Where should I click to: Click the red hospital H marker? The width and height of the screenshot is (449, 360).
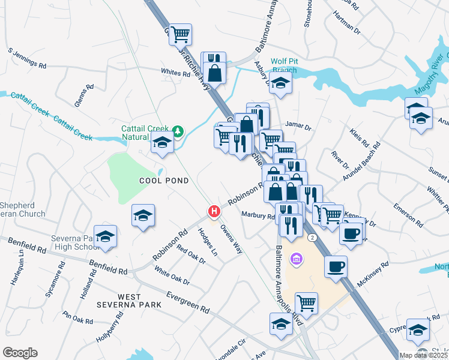pos(213,211)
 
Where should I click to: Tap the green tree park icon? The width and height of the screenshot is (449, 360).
pos(177,130)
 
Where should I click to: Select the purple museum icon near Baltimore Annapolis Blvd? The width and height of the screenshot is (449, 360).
pos(295,259)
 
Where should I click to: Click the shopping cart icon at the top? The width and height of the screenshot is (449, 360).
pos(180,34)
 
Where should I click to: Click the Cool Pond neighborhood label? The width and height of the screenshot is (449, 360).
pos(164,180)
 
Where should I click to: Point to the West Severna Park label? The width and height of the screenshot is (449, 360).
pos(129,301)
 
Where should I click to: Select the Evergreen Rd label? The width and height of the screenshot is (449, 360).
pos(188,301)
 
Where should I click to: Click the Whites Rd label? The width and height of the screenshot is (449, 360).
pos(175,72)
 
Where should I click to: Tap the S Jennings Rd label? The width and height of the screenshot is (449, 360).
pos(28,58)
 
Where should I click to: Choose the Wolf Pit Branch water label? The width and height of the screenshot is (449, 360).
pos(284,65)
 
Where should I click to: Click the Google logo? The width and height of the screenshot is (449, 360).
pos(20,353)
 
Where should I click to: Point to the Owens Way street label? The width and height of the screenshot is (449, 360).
pos(231,239)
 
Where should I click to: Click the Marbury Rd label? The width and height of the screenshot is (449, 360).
pos(258,215)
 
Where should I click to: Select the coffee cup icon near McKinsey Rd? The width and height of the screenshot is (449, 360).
pos(336,266)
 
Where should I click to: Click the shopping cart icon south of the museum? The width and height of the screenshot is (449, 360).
pos(306,302)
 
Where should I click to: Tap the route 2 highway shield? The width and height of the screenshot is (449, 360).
pos(312,238)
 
